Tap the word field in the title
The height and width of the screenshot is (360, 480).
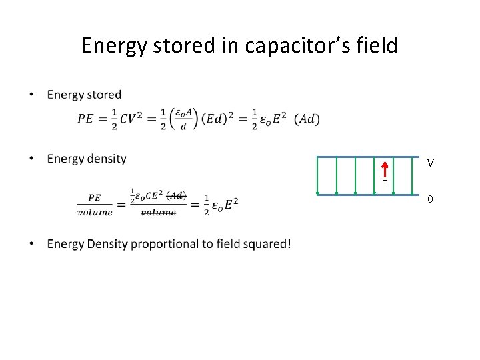(379, 45)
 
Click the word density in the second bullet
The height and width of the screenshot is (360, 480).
(106, 159)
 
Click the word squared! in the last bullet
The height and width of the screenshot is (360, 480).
(267, 244)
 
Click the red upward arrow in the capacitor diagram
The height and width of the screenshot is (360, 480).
(385, 169)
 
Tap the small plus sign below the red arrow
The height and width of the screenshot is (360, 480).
(385, 181)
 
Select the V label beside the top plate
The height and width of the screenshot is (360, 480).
(431, 163)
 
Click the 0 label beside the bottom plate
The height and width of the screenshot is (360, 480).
(431, 199)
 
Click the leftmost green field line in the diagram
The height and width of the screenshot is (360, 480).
(318, 175)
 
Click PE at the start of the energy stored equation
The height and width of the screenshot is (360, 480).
(85, 119)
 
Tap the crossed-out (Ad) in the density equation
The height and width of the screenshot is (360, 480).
(176, 195)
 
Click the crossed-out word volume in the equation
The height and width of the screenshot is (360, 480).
(158, 212)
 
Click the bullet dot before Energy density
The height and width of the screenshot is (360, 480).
(31, 159)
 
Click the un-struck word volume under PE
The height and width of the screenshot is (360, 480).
(95, 212)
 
